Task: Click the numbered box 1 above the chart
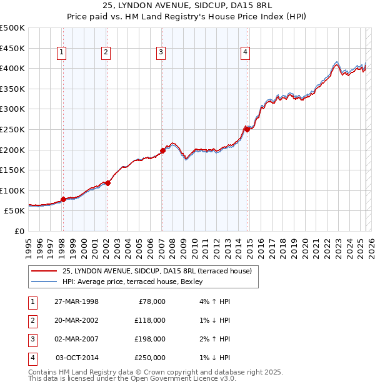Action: [x=62, y=53]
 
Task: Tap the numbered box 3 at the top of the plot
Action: [x=161, y=53]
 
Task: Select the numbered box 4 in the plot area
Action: [x=246, y=53]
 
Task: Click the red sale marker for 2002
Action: [x=107, y=183]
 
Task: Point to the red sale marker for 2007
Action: [x=162, y=150]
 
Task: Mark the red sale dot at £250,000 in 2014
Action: [x=247, y=129]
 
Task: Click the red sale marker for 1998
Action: [x=63, y=199]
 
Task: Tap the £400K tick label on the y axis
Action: [x=12, y=68]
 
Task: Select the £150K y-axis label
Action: [x=12, y=170]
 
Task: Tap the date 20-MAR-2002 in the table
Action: [x=76, y=320]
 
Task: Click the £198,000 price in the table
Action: [x=150, y=339]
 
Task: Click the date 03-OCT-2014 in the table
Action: [x=77, y=358]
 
